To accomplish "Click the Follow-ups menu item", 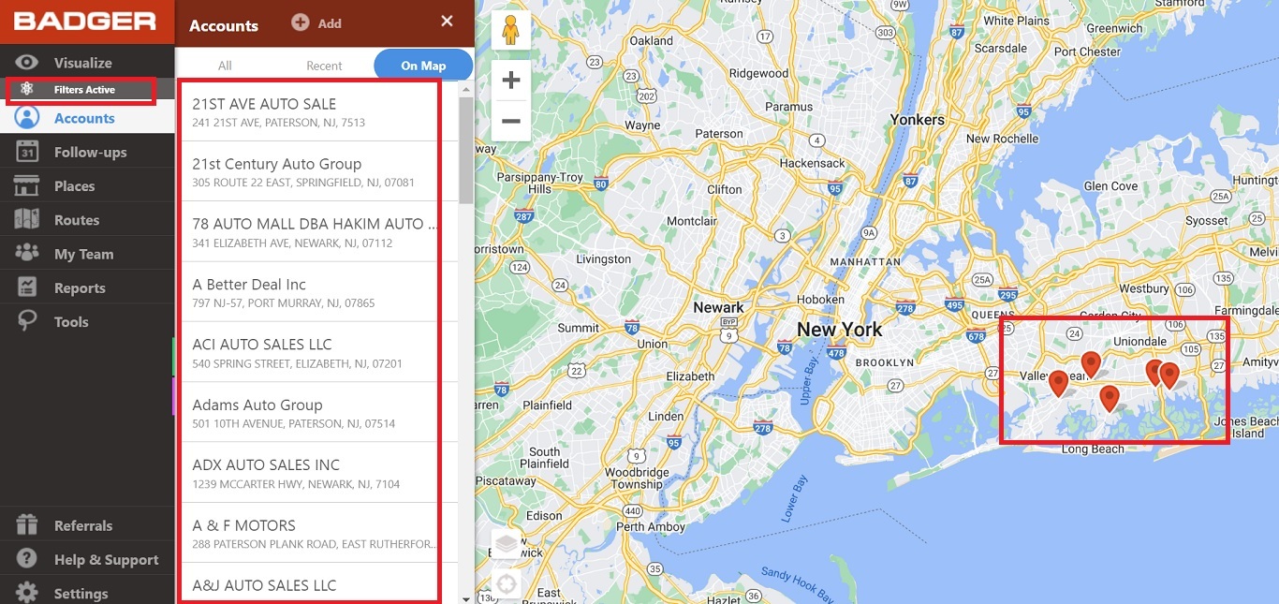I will [x=89, y=153].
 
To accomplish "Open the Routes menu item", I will [x=76, y=220].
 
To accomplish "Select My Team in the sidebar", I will [x=83, y=254].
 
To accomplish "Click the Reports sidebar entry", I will [x=79, y=288].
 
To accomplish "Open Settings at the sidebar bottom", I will [x=81, y=594].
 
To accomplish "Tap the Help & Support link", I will [x=106, y=560].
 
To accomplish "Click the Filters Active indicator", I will [x=83, y=90].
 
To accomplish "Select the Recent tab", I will [x=324, y=66].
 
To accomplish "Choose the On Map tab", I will [x=423, y=66].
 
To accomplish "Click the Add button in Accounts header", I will [x=316, y=23].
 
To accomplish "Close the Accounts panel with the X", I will [x=447, y=22].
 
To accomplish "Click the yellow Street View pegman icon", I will [x=510, y=31].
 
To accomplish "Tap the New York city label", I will [x=839, y=330].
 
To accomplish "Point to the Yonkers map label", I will [x=917, y=120].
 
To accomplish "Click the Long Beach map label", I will [x=1093, y=449].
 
